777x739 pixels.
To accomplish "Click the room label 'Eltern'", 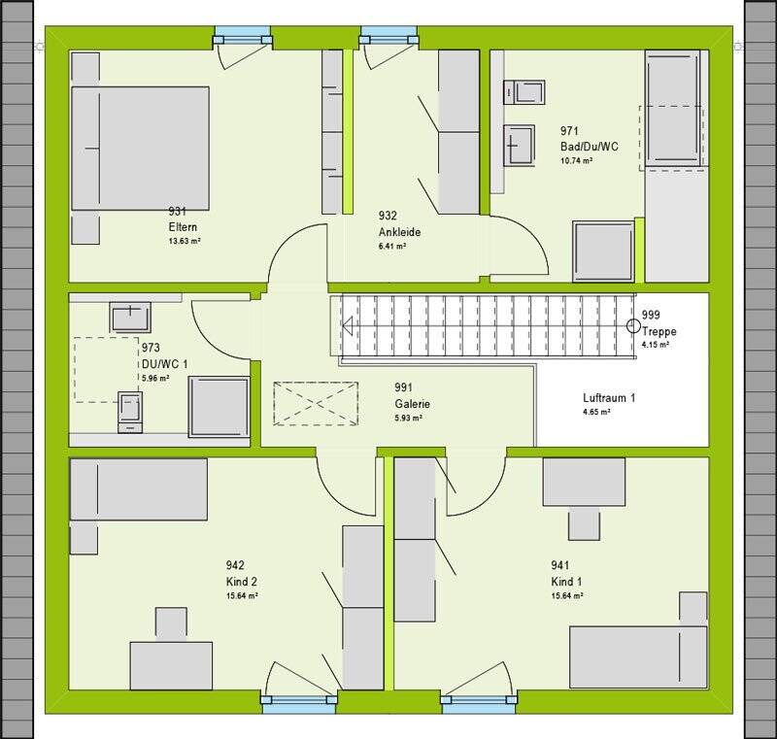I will [184, 227].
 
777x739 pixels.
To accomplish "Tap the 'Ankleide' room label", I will [398, 232].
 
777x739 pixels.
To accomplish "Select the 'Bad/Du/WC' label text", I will [589, 146].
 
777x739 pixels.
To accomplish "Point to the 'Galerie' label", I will [412, 403].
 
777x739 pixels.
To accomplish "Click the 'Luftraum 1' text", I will [609, 397].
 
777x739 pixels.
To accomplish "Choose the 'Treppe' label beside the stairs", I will [659, 331].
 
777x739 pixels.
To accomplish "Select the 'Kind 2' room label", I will [243, 581].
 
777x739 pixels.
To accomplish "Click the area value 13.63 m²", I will [185, 242].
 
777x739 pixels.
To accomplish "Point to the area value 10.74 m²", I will [576, 160].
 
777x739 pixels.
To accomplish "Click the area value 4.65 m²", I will [596, 413].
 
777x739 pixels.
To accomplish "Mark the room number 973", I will [151, 348].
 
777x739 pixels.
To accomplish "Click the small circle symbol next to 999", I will [632, 325].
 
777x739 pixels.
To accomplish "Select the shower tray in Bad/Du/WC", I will [604, 251].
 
